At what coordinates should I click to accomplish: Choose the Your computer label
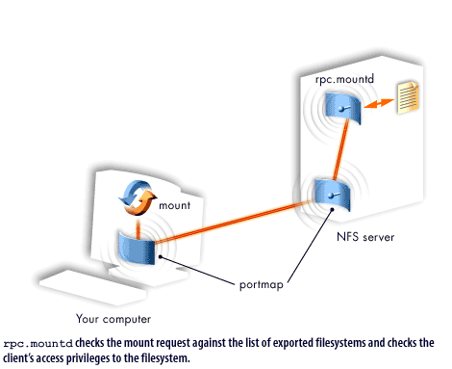pos(113,317)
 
